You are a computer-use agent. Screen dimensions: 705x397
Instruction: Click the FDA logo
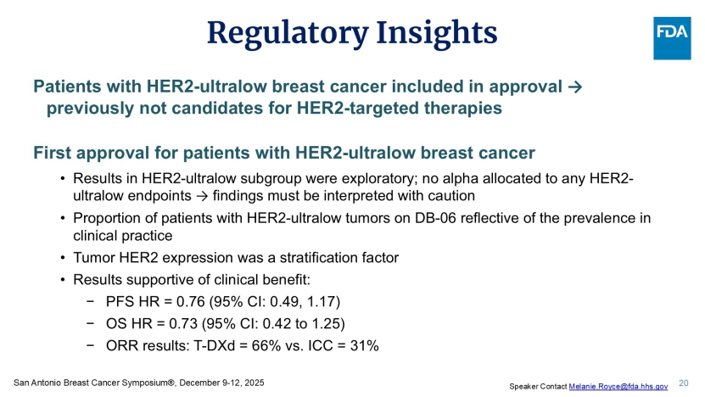point(672,38)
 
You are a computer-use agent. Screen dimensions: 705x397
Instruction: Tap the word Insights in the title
point(437,34)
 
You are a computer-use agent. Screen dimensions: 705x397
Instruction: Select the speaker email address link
point(618,386)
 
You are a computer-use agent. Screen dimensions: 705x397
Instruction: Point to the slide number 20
point(684,383)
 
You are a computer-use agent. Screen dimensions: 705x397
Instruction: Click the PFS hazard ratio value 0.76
point(191,302)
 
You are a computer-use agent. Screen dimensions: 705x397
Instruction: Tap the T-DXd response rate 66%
point(266,346)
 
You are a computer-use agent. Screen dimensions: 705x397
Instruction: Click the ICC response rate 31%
point(364,346)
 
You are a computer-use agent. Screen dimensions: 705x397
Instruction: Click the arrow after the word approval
point(575,87)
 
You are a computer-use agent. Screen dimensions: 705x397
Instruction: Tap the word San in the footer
point(20,383)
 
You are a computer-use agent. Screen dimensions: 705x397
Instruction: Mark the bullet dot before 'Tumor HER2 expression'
point(63,258)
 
